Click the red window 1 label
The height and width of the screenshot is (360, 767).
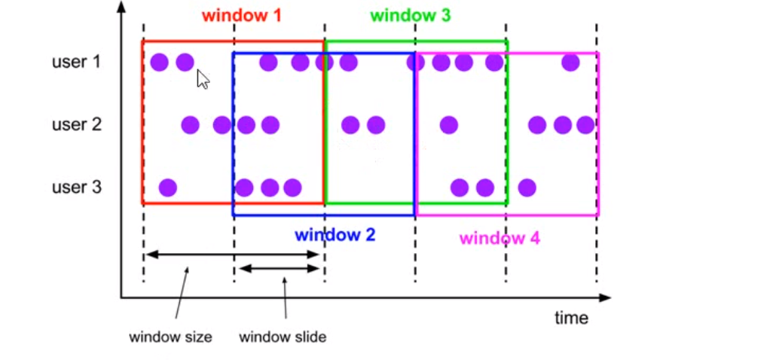[241, 15]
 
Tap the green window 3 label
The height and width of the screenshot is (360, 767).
[411, 15]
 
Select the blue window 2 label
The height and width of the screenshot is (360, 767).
[335, 234]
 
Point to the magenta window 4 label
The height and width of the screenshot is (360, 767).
[500, 239]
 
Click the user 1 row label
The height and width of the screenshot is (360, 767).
[76, 62]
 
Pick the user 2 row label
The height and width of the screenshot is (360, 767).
[76, 124]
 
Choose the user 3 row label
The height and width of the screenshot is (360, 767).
[76, 187]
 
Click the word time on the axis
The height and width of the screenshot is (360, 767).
[571, 318]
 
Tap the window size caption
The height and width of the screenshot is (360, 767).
[170, 337]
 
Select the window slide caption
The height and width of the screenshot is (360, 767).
[283, 337]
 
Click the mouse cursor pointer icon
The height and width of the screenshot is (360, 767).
[202, 79]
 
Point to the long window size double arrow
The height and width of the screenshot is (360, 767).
[234, 255]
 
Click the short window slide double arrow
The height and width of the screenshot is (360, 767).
[280, 268]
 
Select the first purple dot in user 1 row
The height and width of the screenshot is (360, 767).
[159, 63]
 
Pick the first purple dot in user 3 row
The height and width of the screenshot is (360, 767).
[167, 187]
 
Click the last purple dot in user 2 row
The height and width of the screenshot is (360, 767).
[585, 125]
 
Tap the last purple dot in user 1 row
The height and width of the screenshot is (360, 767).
[570, 63]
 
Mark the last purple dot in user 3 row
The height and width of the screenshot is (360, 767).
[527, 187]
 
